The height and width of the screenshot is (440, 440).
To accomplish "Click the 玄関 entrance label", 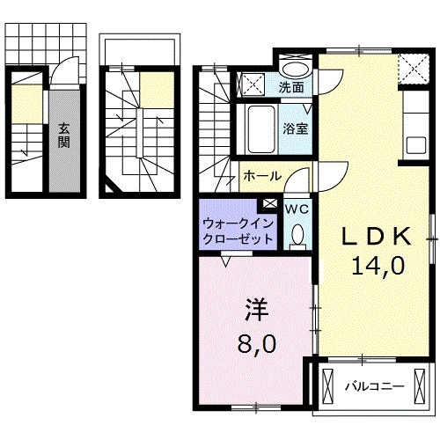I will tap(64, 136).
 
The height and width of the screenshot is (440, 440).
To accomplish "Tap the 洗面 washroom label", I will tap(291, 86).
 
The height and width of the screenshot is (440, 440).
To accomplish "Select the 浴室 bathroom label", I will tap(294, 128).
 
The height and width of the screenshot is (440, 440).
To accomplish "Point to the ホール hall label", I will tap(261, 175).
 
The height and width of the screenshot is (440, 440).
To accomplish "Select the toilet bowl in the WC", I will tap(297, 233).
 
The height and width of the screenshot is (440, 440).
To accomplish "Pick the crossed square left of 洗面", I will tap(252, 85).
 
